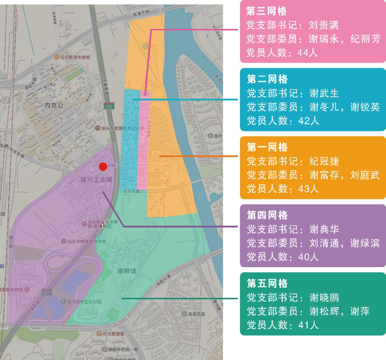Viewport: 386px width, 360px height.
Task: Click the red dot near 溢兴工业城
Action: [x=103, y=166]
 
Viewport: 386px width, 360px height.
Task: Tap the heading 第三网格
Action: [x=266, y=11]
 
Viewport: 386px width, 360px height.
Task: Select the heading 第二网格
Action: [x=267, y=79]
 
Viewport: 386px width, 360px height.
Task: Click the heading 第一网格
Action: [x=267, y=147]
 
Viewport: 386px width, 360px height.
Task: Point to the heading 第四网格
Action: [x=267, y=215]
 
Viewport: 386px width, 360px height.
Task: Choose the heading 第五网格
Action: [x=267, y=284]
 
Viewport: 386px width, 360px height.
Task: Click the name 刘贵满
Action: [x=323, y=25]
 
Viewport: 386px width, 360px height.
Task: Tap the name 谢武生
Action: [x=324, y=93]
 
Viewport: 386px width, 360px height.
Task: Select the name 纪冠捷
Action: [x=324, y=161]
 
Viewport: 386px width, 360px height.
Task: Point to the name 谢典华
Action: [x=324, y=229]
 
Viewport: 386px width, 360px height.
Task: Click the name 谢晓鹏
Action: [x=324, y=297]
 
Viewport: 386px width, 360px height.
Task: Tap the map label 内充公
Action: [x=54, y=105]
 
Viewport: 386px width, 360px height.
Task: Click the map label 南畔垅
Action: [x=127, y=271]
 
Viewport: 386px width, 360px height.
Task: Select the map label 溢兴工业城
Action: [x=96, y=180]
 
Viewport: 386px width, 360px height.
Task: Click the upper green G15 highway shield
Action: [x=109, y=106]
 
